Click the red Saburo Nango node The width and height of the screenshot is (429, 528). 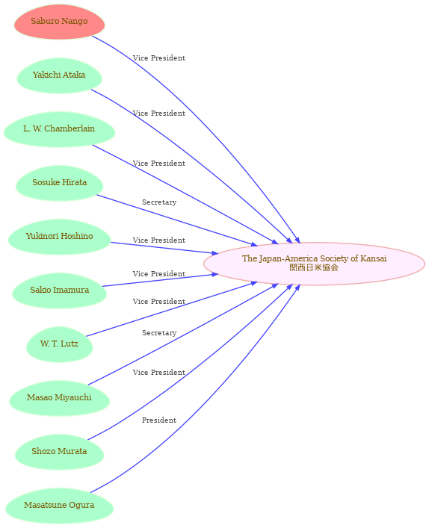[59, 22]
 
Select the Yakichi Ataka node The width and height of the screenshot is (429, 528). [59, 75]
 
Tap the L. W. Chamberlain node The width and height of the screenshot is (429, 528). [59, 129]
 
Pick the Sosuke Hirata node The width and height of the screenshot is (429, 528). [59, 183]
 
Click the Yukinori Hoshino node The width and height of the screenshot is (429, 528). [59, 237]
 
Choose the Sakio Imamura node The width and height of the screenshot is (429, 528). [59, 291]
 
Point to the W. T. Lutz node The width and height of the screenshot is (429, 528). [59, 344]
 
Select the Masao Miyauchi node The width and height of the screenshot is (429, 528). [59, 398]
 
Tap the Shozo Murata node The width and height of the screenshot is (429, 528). [59, 452]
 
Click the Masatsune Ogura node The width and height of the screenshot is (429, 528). [59, 506]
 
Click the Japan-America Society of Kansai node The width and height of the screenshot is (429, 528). [314, 264]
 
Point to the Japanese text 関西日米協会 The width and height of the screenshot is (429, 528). [314, 267]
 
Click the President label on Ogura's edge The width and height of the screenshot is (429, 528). [159, 420]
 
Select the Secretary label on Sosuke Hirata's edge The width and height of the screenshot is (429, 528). [159, 202]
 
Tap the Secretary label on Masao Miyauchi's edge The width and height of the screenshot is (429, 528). [159, 332]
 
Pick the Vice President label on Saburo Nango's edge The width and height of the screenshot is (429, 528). [159, 58]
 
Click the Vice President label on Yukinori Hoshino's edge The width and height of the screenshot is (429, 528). [159, 240]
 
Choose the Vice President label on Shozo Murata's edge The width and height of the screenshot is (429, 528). [159, 373]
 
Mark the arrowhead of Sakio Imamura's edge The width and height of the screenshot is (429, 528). [215, 275]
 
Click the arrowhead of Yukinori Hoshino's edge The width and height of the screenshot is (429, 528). [215, 252]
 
